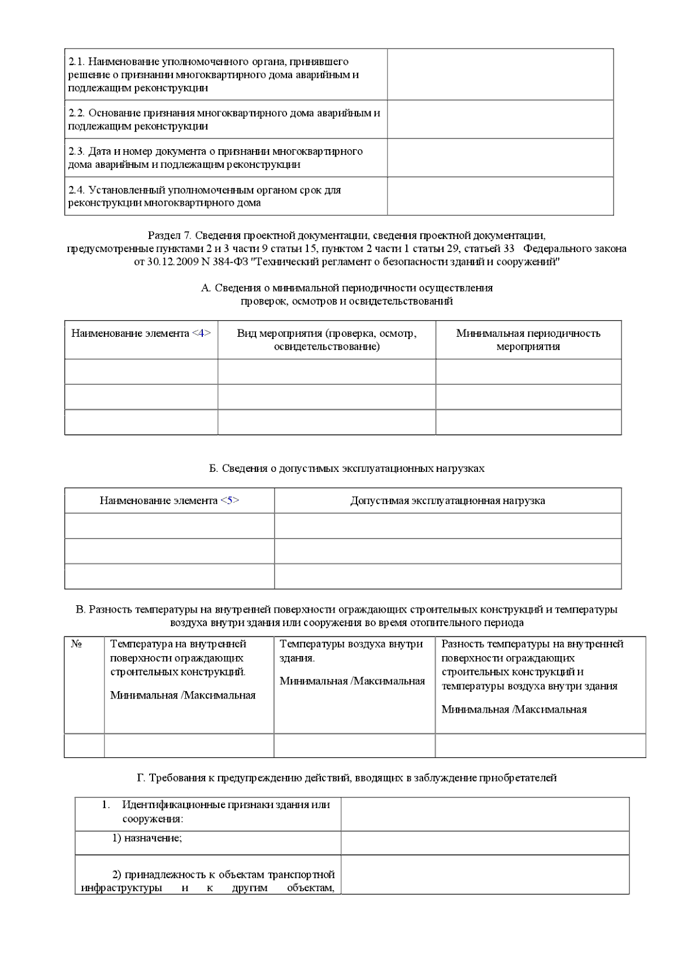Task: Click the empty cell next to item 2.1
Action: click(500, 75)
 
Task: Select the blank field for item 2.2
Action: click(500, 119)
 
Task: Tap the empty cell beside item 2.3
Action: click(500, 158)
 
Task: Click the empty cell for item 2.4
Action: click(500, 196)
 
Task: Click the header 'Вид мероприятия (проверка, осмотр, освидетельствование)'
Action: click(327, 340)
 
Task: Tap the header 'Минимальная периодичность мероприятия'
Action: click(528, 340)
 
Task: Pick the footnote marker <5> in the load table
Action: click(229, 501)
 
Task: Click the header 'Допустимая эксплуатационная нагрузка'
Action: click(447, 501)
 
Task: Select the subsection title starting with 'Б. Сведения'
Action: click(346, 468)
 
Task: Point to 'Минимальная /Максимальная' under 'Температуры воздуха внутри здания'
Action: click(352, 681)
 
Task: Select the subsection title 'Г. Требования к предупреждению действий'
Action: click(346, 778)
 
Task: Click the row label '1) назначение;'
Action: click(147, 839)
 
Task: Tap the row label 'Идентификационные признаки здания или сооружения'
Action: click(226, 812)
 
